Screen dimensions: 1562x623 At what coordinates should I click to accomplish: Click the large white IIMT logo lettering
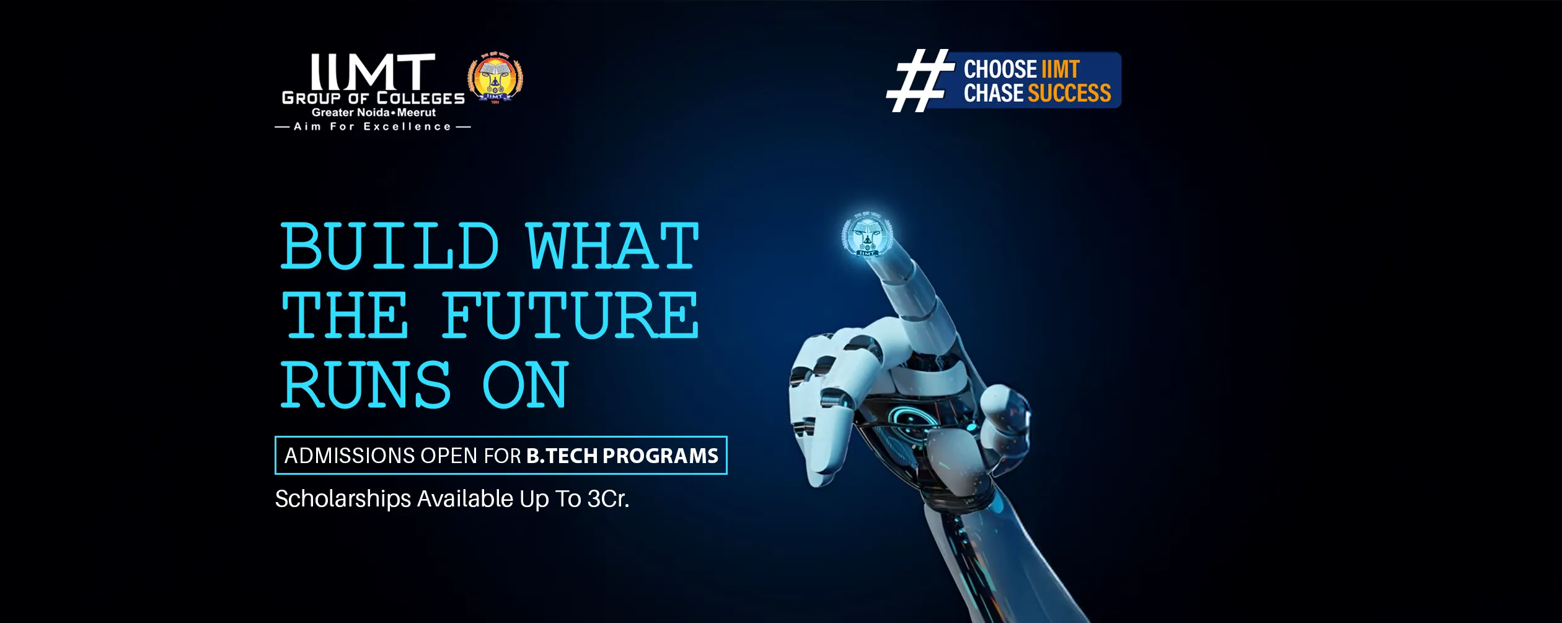point(373,72)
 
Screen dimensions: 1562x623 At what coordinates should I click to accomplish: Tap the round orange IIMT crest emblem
point(495,77)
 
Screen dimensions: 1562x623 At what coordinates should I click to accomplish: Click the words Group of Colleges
point(373,98)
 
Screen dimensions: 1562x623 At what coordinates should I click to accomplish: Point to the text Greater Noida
point(350,112)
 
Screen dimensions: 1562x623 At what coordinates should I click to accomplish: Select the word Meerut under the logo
point(417,112)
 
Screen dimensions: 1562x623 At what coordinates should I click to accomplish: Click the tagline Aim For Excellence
point(373,126)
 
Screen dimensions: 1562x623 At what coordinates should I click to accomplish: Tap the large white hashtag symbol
point(920,80)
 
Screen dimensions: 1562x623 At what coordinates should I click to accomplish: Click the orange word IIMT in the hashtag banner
point(1061,69)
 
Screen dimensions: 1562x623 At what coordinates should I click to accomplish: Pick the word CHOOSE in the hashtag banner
point(1000,69)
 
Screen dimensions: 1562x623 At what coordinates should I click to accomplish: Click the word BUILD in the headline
point(390,246)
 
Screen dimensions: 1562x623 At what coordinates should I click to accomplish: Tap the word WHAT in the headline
point(612,246)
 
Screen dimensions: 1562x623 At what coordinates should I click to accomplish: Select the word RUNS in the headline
point(366,385)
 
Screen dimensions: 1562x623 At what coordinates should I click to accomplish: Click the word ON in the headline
point(524,385)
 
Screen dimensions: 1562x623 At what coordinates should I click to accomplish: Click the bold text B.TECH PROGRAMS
point(622,456)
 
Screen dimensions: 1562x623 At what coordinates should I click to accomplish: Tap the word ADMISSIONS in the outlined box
point(350,456)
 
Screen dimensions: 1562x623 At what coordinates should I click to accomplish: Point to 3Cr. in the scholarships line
point(608,498)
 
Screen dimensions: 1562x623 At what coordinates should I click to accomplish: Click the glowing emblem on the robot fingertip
point(867,234)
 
